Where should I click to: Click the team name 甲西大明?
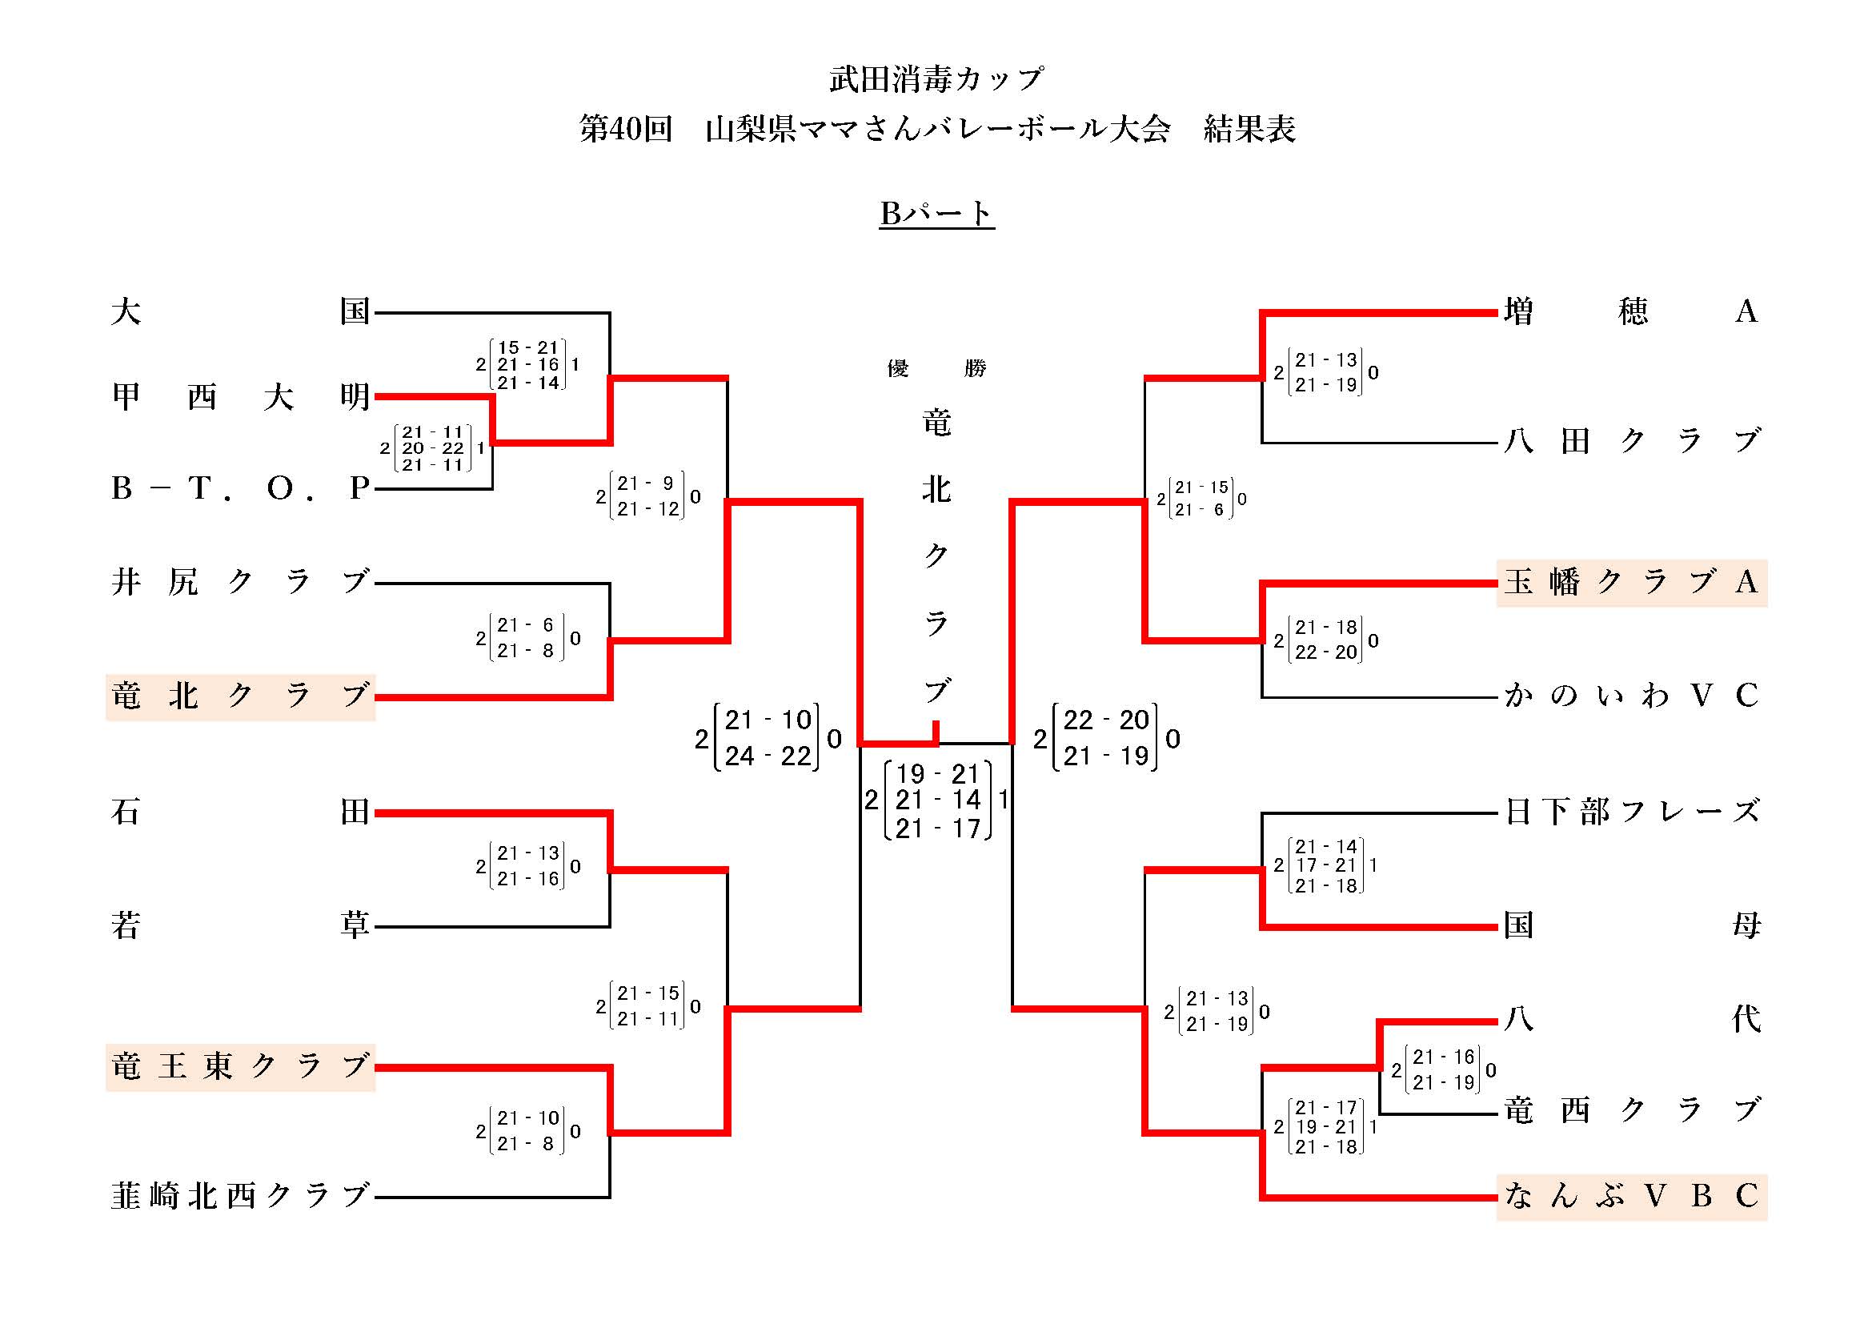[241, 397]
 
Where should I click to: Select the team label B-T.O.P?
[241, 488]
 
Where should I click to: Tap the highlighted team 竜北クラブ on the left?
[241, 696]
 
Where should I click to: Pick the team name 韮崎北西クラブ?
[241, 1196]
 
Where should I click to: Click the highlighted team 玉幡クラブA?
[1631, 583]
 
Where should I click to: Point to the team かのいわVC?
[1631, 696]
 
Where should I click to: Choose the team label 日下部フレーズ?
[1631, 812]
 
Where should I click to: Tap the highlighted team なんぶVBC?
[1631, 1197]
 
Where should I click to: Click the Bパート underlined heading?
[936, 214]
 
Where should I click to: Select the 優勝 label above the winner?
[936, 368]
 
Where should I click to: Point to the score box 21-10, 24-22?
[767, 738]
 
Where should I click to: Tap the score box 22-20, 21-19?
[1105, 738]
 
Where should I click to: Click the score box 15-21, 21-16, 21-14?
[527, 364]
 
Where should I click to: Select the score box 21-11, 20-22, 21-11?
[433, 447]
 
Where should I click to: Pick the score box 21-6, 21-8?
[527, 637]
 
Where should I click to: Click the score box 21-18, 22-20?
[1325, 640]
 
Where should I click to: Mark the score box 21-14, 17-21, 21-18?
[1325, 866]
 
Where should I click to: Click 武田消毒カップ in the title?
[936, 79]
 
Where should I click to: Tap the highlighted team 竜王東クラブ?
[241, 1066]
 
